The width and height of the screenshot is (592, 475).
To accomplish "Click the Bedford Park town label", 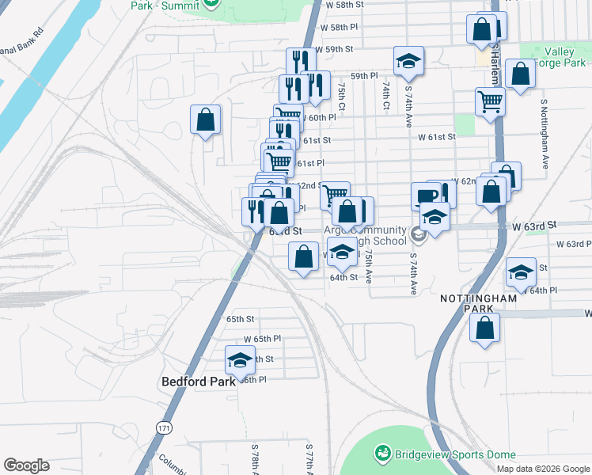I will (x=199, y=381).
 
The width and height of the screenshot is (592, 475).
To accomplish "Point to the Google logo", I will (x=26, y=465).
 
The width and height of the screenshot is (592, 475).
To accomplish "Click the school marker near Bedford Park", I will (x=240, y=360).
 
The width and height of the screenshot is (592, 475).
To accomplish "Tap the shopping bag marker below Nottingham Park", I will (x=485, y=325).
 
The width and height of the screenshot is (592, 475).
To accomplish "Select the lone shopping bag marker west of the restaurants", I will (x=205, y=120).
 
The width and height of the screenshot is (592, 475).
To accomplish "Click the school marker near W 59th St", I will (x=408, y=60).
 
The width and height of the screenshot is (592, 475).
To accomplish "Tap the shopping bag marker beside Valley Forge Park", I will (x=520, y=74).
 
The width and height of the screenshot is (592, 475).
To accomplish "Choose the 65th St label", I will (x=239, y=319).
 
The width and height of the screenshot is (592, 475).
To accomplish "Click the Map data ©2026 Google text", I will (x=543, y=468).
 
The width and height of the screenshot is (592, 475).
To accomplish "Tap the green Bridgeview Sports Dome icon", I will (x=383, y=453).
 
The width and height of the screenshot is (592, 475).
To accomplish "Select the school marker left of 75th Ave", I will (x=341, y=252).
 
